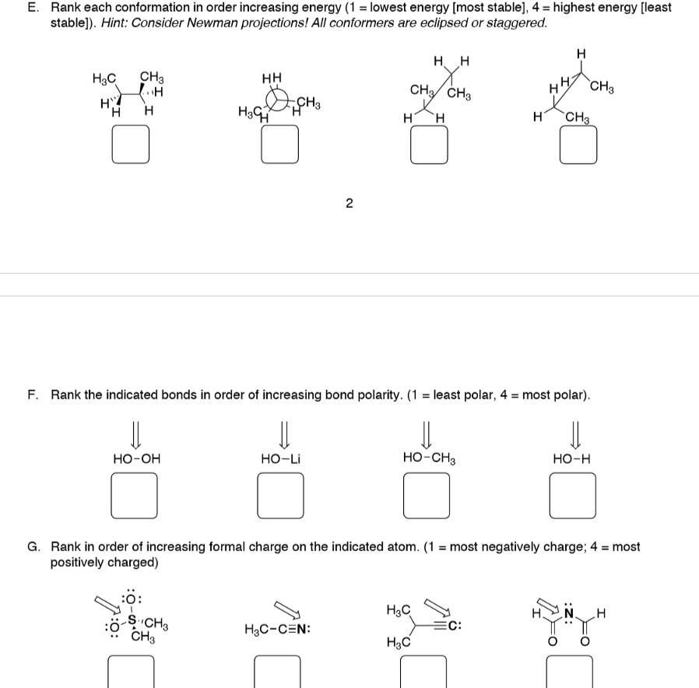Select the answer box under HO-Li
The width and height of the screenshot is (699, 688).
281,497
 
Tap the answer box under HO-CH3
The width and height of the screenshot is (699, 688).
427,497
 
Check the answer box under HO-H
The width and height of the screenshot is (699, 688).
574,497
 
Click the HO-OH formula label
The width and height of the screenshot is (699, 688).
136,459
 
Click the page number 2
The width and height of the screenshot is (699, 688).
349,204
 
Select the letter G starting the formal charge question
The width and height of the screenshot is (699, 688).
33,547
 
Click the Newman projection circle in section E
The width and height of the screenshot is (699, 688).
279,103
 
